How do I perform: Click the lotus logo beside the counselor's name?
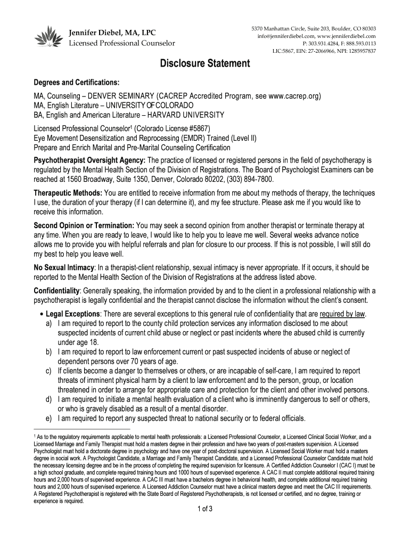point(48,37)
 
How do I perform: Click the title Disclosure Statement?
point(205,65)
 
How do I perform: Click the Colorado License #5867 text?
point(173,129)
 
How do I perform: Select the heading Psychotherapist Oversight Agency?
point(89,160)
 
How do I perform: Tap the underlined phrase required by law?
point(342,314)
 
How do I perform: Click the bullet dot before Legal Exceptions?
point(42,314)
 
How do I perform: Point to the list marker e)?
point(48,417)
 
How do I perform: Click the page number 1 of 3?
point(204,508)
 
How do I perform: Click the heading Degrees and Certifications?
point(77,84)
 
